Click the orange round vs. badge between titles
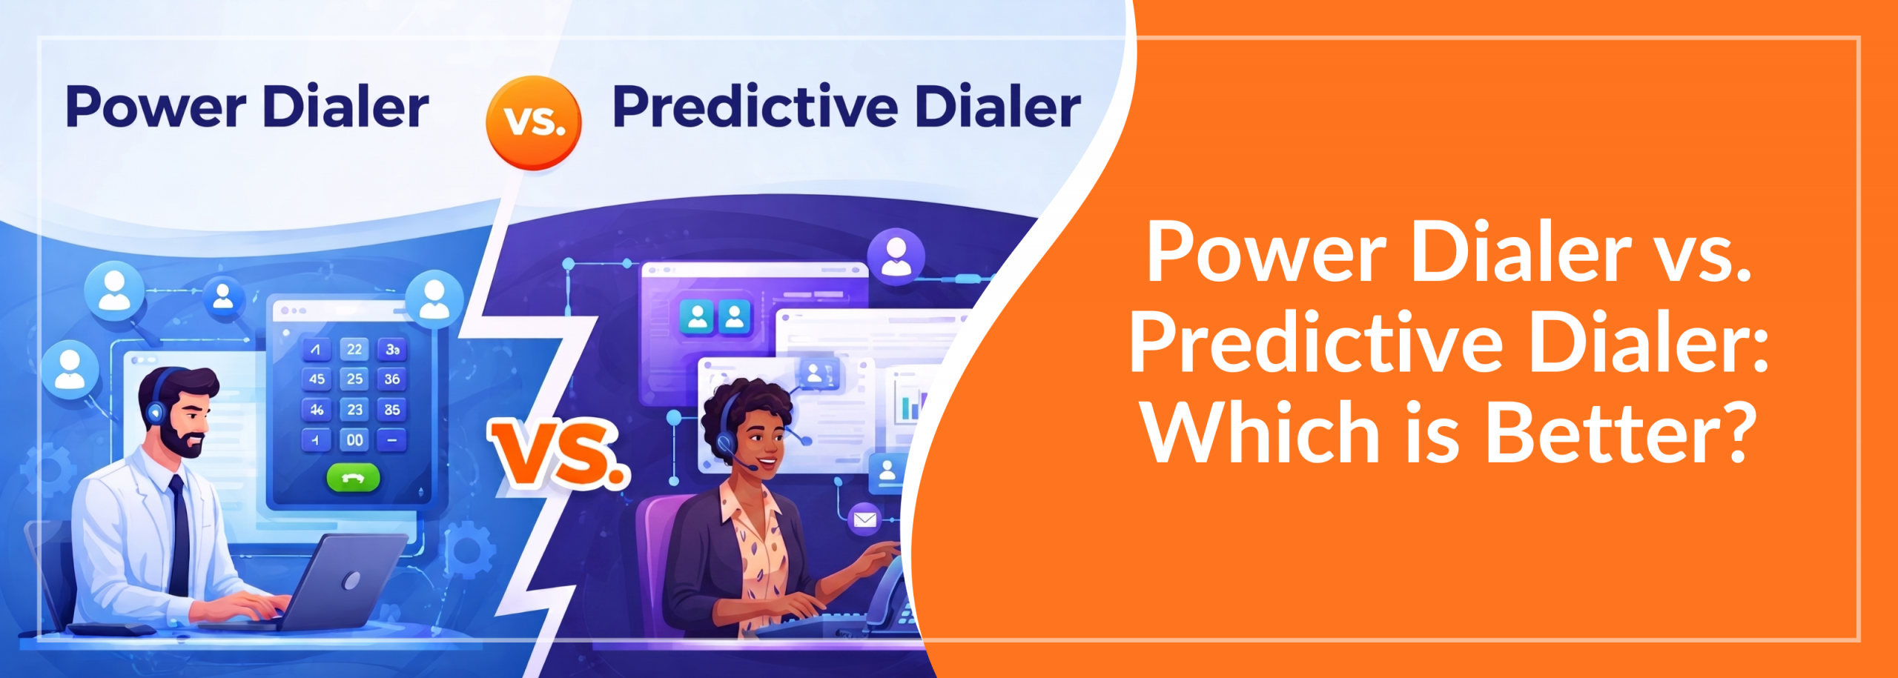pos(533,122)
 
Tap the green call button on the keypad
pos(353,478)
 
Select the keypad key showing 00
pos(354,440)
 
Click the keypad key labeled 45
pos(317,379)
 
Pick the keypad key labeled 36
pos(392,379)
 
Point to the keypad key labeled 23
pos(354,410)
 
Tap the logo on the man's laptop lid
pos(351,580)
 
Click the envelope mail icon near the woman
pos(864,519)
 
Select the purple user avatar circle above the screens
pos(896,256)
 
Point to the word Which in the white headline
pos(1260,433)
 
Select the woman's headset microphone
pos(752,468)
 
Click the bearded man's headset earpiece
pos(156,412)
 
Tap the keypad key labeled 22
pos(354,349)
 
